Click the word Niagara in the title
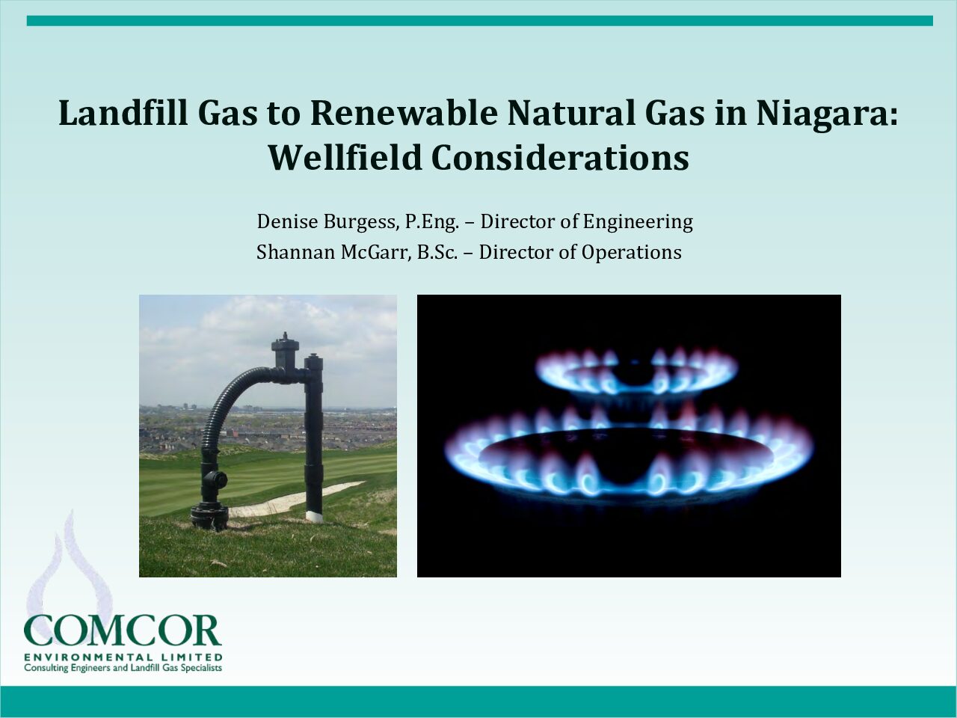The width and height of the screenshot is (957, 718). click(x=827, y=114)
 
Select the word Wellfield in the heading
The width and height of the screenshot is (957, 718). click(x=345, y=157)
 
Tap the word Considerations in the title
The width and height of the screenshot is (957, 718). click(x=560, y=157)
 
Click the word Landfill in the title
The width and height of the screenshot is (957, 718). click(x=123, y=112)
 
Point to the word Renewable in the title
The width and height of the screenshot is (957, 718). click(x=404, y=112)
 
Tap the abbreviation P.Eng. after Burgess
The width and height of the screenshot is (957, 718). click(x=432, y=222)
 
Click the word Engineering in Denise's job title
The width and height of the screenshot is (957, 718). click(x=638, y=222)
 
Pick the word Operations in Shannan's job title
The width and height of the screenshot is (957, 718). click(x=631, y=253)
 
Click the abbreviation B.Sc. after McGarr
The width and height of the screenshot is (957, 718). click(x=437, y=252)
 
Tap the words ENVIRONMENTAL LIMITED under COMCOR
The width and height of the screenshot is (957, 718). click(x=123, y=657)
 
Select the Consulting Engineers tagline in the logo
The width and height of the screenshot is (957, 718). click(x=123, y=668)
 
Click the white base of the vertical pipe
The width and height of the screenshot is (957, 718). click(x=314, y=516)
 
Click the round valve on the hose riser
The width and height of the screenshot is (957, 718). click(x=218, y=480)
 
